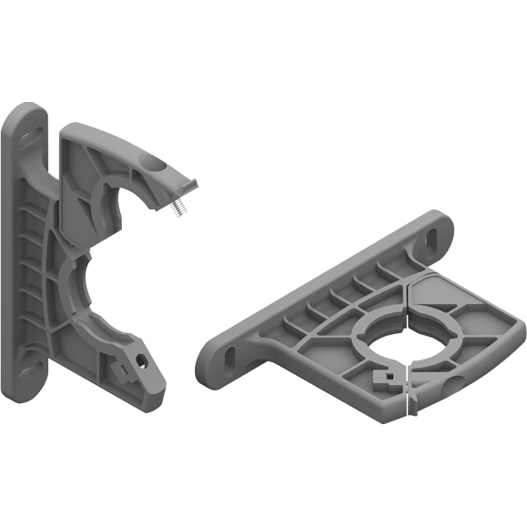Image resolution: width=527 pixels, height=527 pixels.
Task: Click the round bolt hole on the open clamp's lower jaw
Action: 142,360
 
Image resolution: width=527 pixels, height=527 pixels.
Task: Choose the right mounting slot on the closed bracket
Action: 431,238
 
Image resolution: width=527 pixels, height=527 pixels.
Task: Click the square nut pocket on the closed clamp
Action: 381,376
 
